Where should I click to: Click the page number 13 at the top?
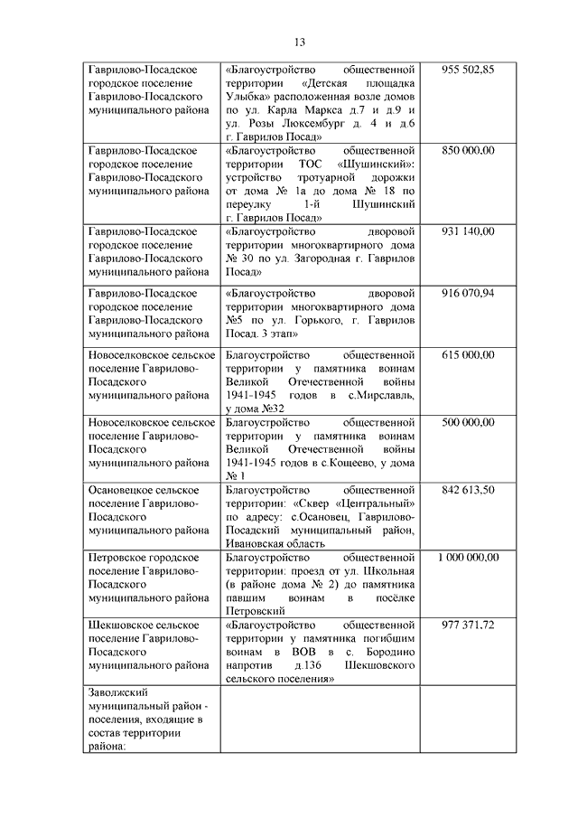pyautogui.click(x=300, y=42)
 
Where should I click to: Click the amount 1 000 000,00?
pyautogui.click(x=468, y=557)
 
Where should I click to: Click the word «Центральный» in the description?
pyautogui.click(x=371, y=503)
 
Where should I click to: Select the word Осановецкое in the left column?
pyautogui.click(x=123, y=489)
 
